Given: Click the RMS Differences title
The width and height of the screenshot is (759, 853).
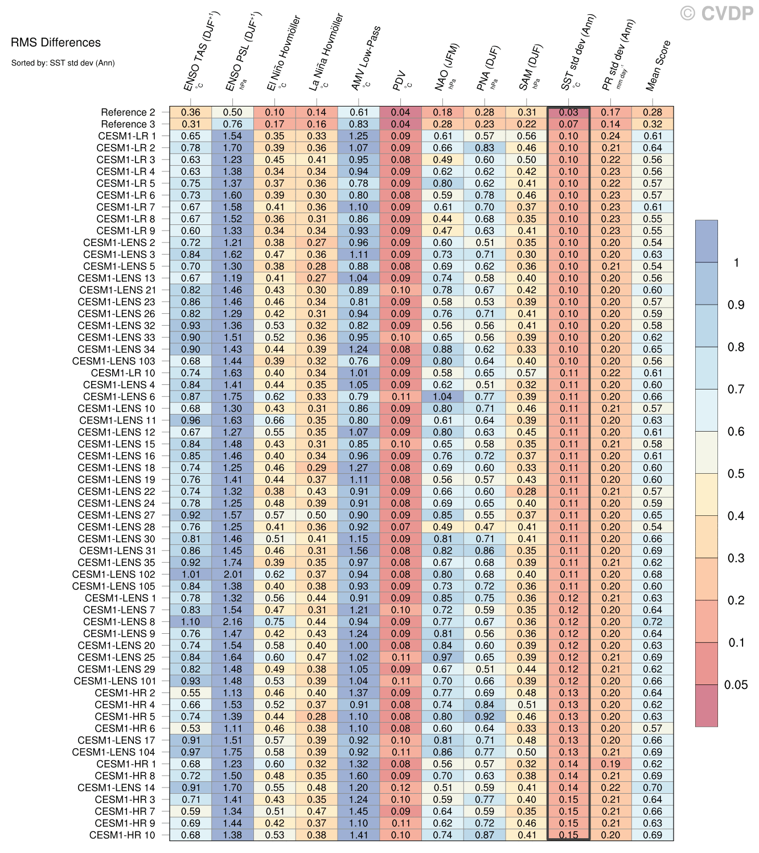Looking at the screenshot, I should click(56, 43).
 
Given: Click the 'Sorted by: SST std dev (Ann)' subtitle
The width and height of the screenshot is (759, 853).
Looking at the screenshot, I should click(63, 63).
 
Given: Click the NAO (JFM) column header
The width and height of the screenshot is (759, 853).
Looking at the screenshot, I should click(447, 67).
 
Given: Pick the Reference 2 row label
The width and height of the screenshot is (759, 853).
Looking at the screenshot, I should click(128, 112).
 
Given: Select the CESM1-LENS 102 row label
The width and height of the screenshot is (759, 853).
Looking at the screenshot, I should click(114, 574).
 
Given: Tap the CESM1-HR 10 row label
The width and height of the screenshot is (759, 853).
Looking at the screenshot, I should click(122, 835).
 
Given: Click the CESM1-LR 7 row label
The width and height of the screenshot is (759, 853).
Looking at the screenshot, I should click(125, 207).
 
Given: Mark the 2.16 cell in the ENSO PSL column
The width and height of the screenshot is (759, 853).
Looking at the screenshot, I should click(233, 622).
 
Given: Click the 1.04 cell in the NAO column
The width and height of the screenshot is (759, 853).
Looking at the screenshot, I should click(443, 396).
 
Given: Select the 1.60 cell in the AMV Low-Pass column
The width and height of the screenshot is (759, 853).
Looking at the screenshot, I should click(359, 776).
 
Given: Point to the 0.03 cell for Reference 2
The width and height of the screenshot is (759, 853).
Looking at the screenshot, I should click(568, 112).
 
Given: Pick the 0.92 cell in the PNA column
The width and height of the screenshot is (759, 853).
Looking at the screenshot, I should click(485, 716).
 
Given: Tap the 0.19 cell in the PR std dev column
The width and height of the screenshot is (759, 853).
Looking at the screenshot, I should click(610, 764).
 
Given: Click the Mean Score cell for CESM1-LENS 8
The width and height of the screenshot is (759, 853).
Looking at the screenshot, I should click(653, 622).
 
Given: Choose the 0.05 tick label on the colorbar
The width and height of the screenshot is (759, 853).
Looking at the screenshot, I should click(736, 685).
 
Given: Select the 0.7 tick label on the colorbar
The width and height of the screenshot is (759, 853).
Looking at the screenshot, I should click(736, 389).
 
